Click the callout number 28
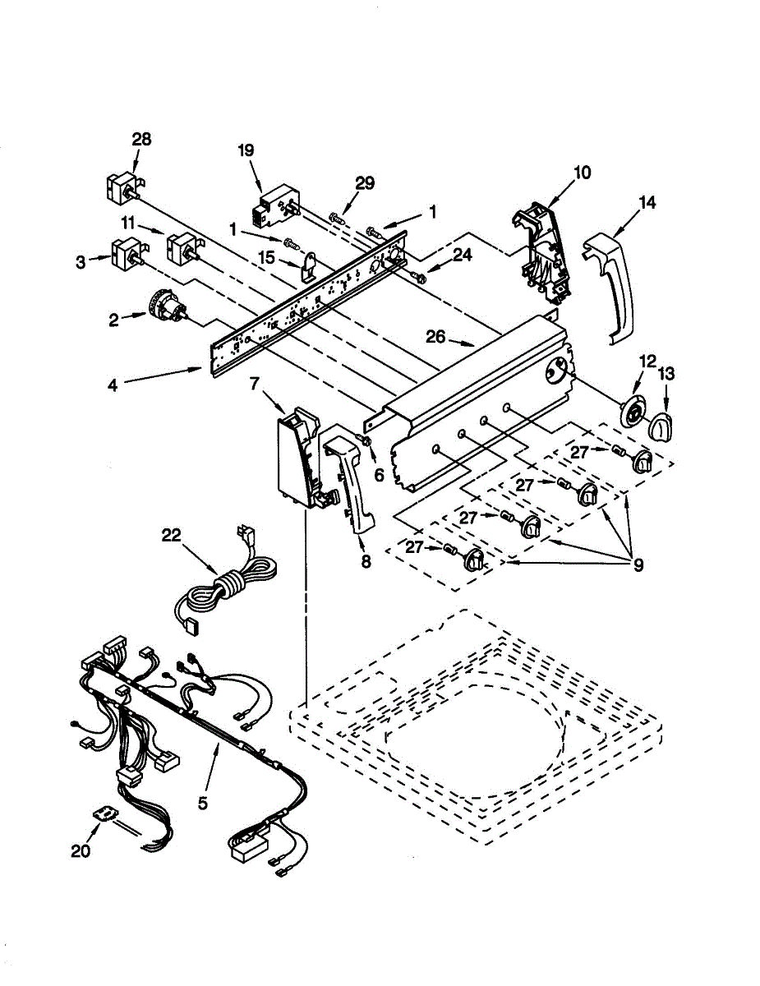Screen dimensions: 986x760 pos(141,140)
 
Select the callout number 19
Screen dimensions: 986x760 pos(246,150)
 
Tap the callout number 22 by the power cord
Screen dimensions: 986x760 pos(171,535)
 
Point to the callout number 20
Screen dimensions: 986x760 pos(80,852)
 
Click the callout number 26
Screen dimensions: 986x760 pos(435,336)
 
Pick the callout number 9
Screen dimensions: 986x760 pos(638,564)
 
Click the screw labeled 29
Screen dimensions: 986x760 pos(336,218)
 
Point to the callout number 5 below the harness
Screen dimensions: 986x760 pos(203,803)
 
